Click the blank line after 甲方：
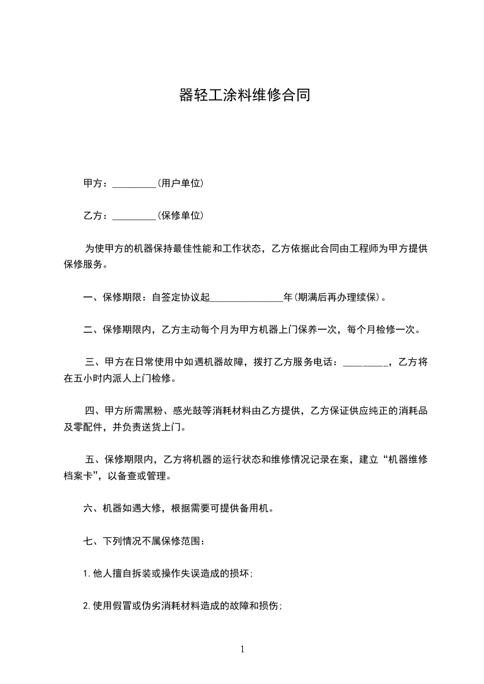click(135, 183)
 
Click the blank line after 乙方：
click(135, 216)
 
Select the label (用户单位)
click(180, 183)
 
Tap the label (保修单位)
click(180, 215)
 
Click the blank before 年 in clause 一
click(247, 298)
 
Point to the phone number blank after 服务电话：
click(365, 363)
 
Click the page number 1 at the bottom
click(242, 649)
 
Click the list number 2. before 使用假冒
click(87, 606)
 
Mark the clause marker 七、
click(90, 541)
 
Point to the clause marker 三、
click(93, 363)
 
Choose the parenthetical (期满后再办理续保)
click(336, 297)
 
